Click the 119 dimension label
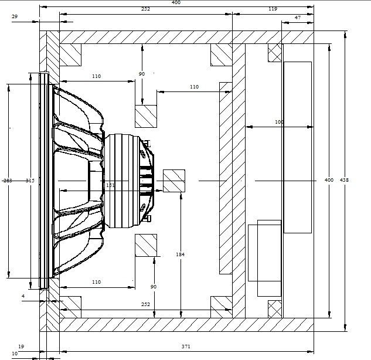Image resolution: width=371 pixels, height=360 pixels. point(273,9)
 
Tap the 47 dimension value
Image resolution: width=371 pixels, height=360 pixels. point(298,18)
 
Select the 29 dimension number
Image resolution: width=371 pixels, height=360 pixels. point(14,18)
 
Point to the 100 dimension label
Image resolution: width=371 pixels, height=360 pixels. point(279,122)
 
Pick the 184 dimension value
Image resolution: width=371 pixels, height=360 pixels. point(181,254)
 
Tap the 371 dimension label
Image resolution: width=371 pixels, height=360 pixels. point(186,347)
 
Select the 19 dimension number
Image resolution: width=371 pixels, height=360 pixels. point(21,347)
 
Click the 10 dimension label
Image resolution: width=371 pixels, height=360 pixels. point(15,354)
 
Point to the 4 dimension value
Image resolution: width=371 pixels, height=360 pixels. point(23,296)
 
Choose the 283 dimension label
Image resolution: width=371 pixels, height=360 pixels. point(7,181)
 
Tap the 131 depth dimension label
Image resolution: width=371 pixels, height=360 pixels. point(110,185)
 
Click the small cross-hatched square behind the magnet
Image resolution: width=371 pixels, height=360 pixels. point(173,181)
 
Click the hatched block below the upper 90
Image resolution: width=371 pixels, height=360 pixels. point(146,116)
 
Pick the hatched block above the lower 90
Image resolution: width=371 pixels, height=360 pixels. point(146,246)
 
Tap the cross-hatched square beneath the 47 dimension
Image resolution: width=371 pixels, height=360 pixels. point(275,53)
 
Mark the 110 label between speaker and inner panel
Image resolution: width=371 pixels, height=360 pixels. point(194,87)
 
